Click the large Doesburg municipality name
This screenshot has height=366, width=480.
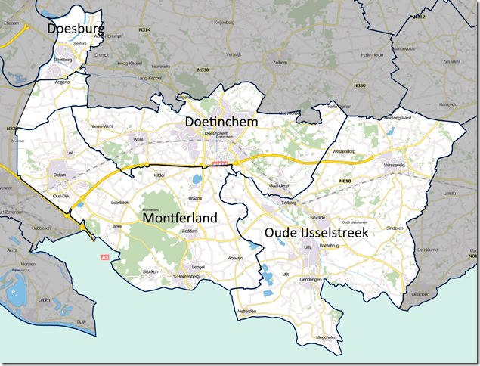76,29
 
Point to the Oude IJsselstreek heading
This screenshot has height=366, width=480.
316,234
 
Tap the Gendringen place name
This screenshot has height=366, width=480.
310,280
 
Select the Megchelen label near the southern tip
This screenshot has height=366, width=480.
327,337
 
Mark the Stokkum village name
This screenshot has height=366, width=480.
150,271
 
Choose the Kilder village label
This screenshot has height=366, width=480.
159,175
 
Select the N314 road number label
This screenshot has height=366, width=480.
144,29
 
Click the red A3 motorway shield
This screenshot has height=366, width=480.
105,258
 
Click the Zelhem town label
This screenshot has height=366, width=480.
280,63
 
